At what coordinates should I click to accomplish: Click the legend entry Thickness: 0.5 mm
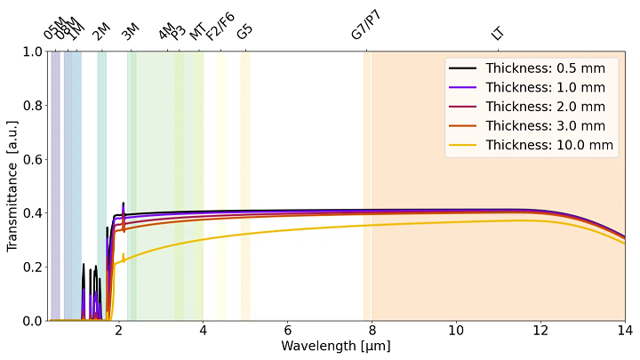coord(545,68)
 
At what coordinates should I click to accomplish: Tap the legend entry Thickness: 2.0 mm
coord(545,107)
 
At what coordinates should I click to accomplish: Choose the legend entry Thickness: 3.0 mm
coord(545,125)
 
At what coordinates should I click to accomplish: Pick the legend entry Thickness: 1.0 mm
coord(545,87)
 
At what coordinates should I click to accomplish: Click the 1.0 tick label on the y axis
coord(31,52)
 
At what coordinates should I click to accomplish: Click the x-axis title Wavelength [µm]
coord(336,346)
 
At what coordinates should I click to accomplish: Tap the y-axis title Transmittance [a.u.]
coord(12,186)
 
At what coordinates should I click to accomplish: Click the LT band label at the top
coord(498,34)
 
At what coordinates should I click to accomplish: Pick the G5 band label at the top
coord(244,31)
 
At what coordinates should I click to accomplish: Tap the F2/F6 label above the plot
coord(220,27)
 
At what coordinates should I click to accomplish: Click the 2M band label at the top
coord(101,32)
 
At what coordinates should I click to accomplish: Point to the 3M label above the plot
coord(131,32)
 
